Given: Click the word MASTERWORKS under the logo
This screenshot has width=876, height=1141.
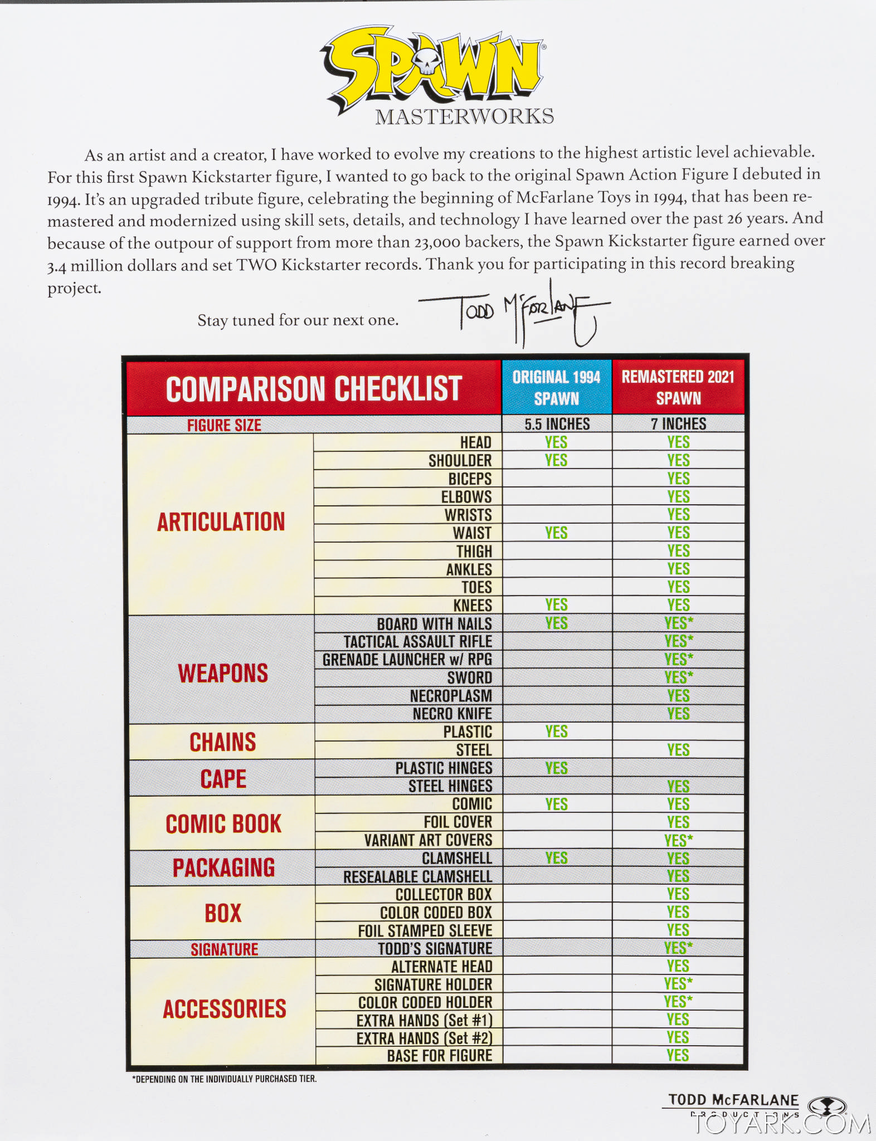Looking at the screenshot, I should pyautogui.click(x=464, y=116).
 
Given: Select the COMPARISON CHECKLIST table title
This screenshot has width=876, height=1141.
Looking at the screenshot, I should pyautogui.click(x=314, y=388).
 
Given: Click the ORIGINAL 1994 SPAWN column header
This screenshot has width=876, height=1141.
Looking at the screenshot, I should pyautogui.click(x=556, y=388).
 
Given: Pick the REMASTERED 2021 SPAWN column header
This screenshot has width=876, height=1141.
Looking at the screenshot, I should pyautogui.click(x=678, y=387).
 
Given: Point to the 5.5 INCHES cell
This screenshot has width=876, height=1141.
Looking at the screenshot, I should pyautogui.click(x=557, y=424).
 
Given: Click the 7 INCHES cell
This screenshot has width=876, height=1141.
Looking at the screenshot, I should pyautogui.click(x=678, y=424).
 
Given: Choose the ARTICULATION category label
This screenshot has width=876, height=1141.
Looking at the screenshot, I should pyautogui.click(x=221, y=522).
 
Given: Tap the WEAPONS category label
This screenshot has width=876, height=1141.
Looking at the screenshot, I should pyautogui.click(x=223, y=673).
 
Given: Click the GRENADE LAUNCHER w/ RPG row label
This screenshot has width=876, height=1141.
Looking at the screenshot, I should pyautogui.click(x=407, y=660).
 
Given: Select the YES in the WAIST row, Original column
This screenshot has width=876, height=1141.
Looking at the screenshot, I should pyautogui.click(x=556, y=533).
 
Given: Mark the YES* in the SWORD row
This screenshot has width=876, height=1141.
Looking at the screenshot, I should pyautogui.click(x=679, y=677).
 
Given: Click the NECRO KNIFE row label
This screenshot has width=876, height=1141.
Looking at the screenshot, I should pyautogui.click(x=452, y=714).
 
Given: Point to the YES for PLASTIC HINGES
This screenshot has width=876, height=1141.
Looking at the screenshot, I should pyautogui.click(x=556, y=768).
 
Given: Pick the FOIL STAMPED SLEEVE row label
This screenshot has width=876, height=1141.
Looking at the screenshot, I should pyautogui.click(x=425, y=930).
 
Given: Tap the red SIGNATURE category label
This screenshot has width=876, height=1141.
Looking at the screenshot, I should pyautogui.click(x=224, y=949).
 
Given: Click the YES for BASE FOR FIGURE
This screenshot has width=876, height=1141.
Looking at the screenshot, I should pyautogui.click(x=678, y=1055).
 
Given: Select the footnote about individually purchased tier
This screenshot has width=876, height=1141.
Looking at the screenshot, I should pyautogui.click(x=224, y=1079).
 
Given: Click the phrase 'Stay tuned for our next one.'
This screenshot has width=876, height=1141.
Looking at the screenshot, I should pyautogui.click(x=298, y=320).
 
